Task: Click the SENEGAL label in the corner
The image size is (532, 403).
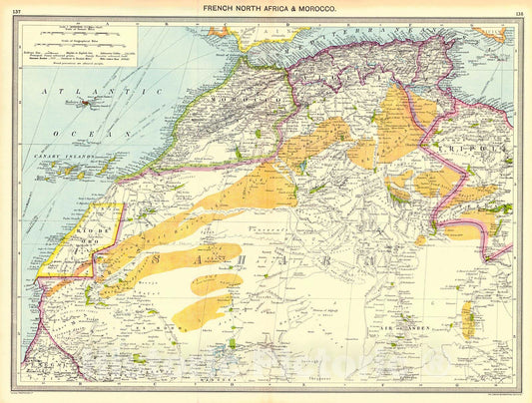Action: click(x=40, y=365)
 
